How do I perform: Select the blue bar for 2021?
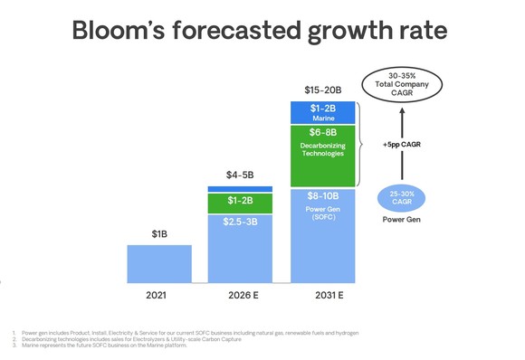point(158,263)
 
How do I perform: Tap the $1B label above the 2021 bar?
point(158,234)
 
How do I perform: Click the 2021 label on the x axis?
point(158,294)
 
